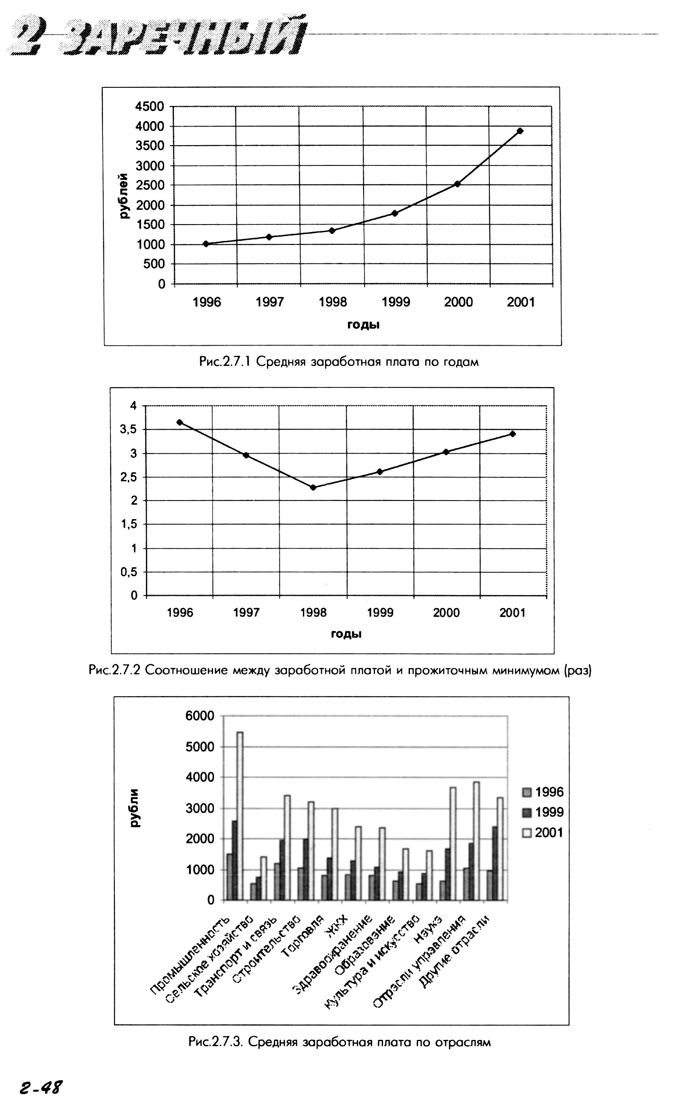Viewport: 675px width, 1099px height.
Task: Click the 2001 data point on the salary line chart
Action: point(520,131)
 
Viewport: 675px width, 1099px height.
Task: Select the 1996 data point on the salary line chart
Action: point(206,244)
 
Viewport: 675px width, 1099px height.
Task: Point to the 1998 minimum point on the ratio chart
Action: point(313,487)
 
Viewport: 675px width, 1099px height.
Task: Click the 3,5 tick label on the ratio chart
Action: point(129,430)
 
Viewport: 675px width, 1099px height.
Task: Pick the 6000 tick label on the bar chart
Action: point(200,716)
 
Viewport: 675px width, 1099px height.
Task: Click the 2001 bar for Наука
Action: point(453,844)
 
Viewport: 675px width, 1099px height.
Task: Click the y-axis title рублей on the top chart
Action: point(124,195)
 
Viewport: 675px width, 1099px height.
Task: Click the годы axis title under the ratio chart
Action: point(346,634)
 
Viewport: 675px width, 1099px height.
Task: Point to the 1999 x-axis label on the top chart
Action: point(396,302)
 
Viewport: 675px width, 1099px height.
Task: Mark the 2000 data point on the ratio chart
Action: point(445,452)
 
